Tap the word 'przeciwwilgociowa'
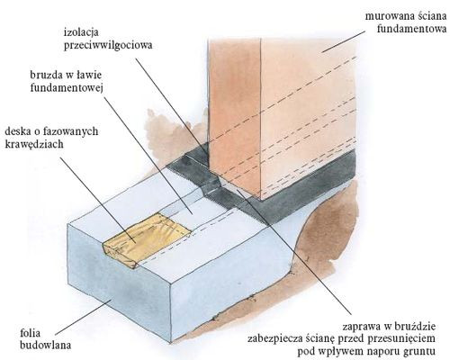coord(108,45)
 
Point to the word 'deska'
coord(19,131)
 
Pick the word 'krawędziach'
coord(34,144)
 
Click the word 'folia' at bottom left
coord(30,333)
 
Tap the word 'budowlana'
coord(46,346)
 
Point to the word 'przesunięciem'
coord(401,338)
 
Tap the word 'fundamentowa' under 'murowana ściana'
coord(411,29)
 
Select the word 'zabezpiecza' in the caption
coord(277,338)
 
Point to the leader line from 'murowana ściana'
coord(344,41)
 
